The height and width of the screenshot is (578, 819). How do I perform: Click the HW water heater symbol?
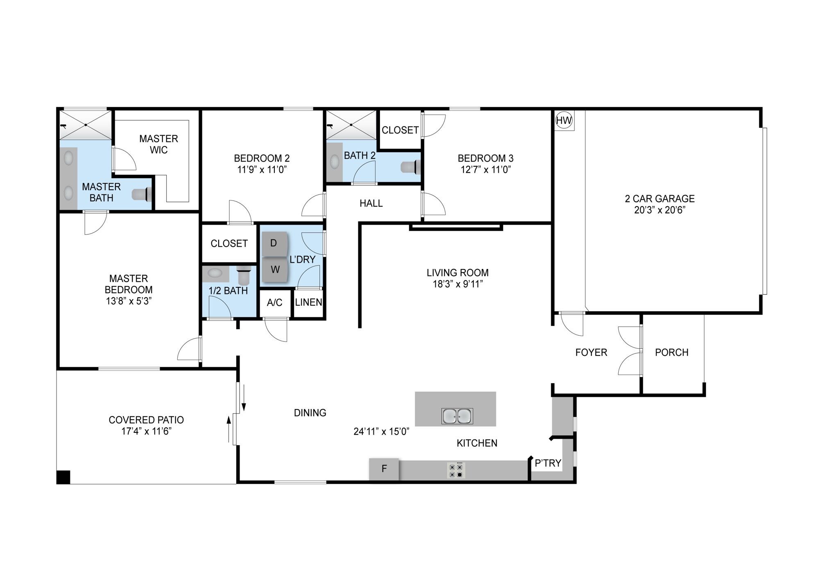pyautogui.click(x=564, y=120)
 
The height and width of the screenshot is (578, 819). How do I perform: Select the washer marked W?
pyautogui.click(x=275, y=270)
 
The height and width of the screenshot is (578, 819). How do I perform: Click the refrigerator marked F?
pyautogui.click(x=384, y=469)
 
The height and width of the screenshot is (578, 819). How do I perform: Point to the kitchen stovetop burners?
pyautogui.click(x=456, y=471)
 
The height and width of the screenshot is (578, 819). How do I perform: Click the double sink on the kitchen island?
pyautogui.click(x=457, y=416)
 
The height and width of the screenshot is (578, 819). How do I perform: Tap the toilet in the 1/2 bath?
pyautogui.click(x=244, y=275)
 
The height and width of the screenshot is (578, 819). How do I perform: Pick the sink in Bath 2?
pyautogui.click(x=335, y=162)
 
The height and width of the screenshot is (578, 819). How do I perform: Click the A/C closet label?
pyautogui.click(x=274, y=303)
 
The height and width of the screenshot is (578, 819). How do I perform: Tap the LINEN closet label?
pyautogui.click(x=308, y=302)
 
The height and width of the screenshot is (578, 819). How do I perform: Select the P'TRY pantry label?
pyautogui.click(x=548, y=463)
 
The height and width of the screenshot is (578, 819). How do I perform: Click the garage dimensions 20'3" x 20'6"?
pyautogui.click(x=660, y=210)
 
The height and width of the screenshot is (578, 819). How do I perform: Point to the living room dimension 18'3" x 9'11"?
pyautogui.click(x=458, y=284)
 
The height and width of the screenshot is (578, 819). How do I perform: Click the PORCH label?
pyautogui.click(x=672, y=352)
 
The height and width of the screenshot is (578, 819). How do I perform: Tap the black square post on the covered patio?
pyautogui.click(x=63, y=477)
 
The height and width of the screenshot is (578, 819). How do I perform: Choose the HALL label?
pyautogui.click(x=371, y=203)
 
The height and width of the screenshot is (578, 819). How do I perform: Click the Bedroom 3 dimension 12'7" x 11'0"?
pyautogui.click(x=486, y=170)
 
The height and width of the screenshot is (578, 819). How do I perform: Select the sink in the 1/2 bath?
pyautogui.click(x=215, y=273)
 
